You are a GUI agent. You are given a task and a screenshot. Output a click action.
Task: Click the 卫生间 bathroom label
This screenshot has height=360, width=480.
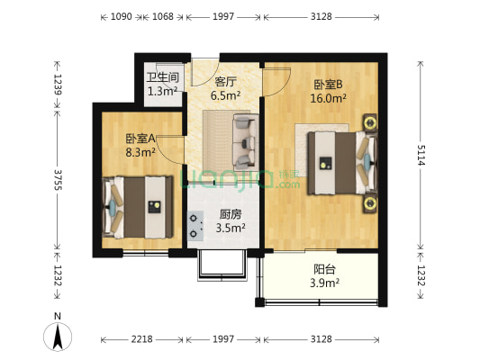[162, 77]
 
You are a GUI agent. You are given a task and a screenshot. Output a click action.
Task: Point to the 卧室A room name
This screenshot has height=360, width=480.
[140, 139]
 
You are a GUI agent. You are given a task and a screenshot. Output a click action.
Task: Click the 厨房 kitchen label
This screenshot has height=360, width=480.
[230, 214]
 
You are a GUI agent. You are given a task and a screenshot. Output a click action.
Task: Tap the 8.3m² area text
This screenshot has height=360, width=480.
[140, 152]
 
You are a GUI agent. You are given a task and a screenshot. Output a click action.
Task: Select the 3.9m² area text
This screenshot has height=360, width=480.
[325, 283]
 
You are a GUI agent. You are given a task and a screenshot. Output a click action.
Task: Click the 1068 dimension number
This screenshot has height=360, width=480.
[163, 16]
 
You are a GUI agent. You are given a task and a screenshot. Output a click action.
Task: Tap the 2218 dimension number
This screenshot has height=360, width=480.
[141, 339]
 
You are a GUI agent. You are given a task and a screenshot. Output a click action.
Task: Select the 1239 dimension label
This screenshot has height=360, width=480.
[59, 85]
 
